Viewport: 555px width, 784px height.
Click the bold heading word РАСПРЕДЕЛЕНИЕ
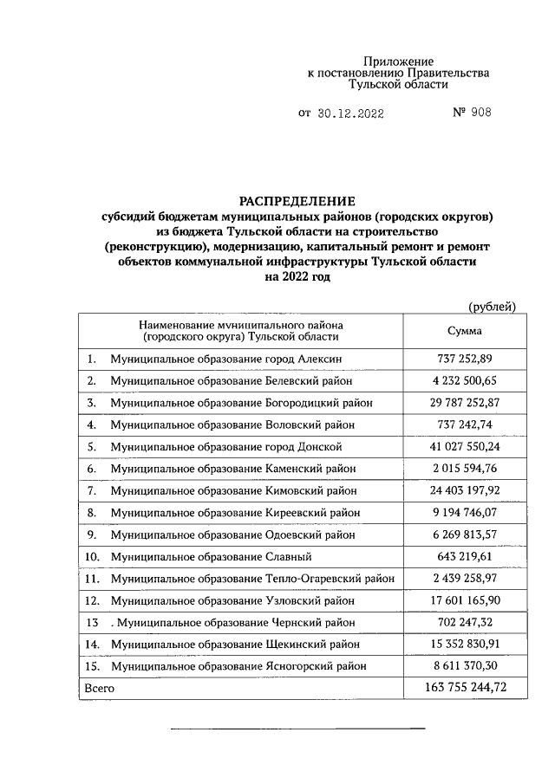(297, 200)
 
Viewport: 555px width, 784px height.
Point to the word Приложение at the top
(398, 62)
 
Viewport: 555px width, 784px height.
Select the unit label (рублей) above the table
(492, 306)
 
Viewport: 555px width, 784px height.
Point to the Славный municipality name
(211, 556)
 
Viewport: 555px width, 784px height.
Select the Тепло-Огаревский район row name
(252, 578)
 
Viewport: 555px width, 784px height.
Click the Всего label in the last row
(98, 688)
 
